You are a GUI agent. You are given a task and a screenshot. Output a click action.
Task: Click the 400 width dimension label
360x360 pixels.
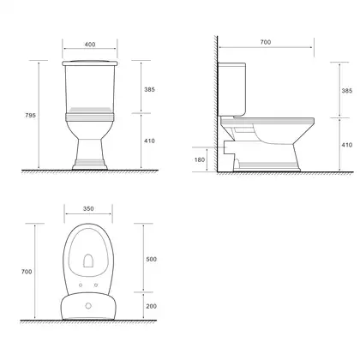coord(90,45)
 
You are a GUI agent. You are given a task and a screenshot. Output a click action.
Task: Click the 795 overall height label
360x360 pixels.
coord(31,115)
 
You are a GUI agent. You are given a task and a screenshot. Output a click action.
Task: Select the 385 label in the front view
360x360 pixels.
coord(149,89)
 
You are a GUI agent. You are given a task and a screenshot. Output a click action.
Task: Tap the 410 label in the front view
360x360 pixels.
coord(149,141)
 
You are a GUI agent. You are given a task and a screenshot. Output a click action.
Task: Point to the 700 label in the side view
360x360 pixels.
coord(266,42)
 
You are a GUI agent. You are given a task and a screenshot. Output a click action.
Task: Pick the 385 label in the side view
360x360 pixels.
coord(347,91)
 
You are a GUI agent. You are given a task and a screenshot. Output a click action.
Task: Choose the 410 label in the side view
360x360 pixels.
coord(347,145)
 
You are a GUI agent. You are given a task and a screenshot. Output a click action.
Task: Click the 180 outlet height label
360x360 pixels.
coord(200,159)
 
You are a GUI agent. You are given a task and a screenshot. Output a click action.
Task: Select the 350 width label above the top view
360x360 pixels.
coord(88,208)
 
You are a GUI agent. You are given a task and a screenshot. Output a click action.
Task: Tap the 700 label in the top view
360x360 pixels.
coord(27,272)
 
